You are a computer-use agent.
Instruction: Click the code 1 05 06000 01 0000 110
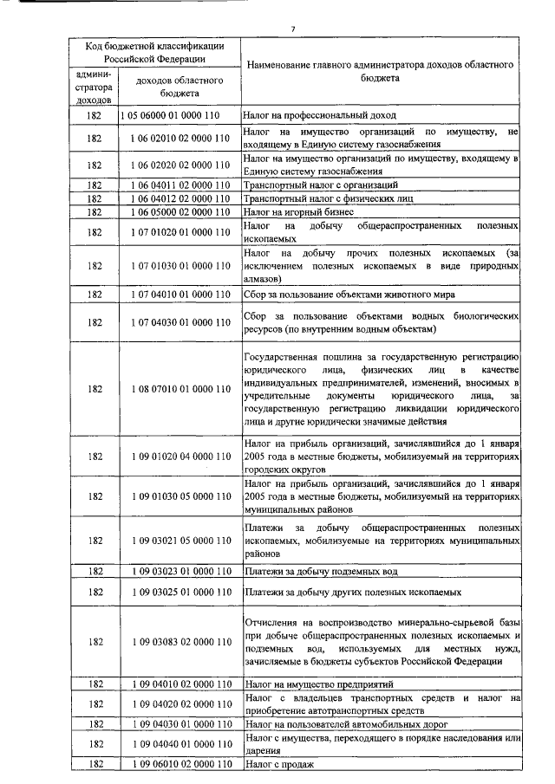(180, 115)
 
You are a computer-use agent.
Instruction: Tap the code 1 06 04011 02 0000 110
(180, 185)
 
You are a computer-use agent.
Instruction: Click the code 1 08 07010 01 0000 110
(180, 389)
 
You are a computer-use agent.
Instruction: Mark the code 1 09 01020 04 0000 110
(180, 456)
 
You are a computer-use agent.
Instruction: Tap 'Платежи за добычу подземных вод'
(321, 572)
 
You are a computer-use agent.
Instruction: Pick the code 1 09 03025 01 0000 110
(180, 592)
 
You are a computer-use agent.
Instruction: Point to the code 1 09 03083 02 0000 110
(180, 642)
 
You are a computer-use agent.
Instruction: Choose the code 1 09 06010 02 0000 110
(180, 765)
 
